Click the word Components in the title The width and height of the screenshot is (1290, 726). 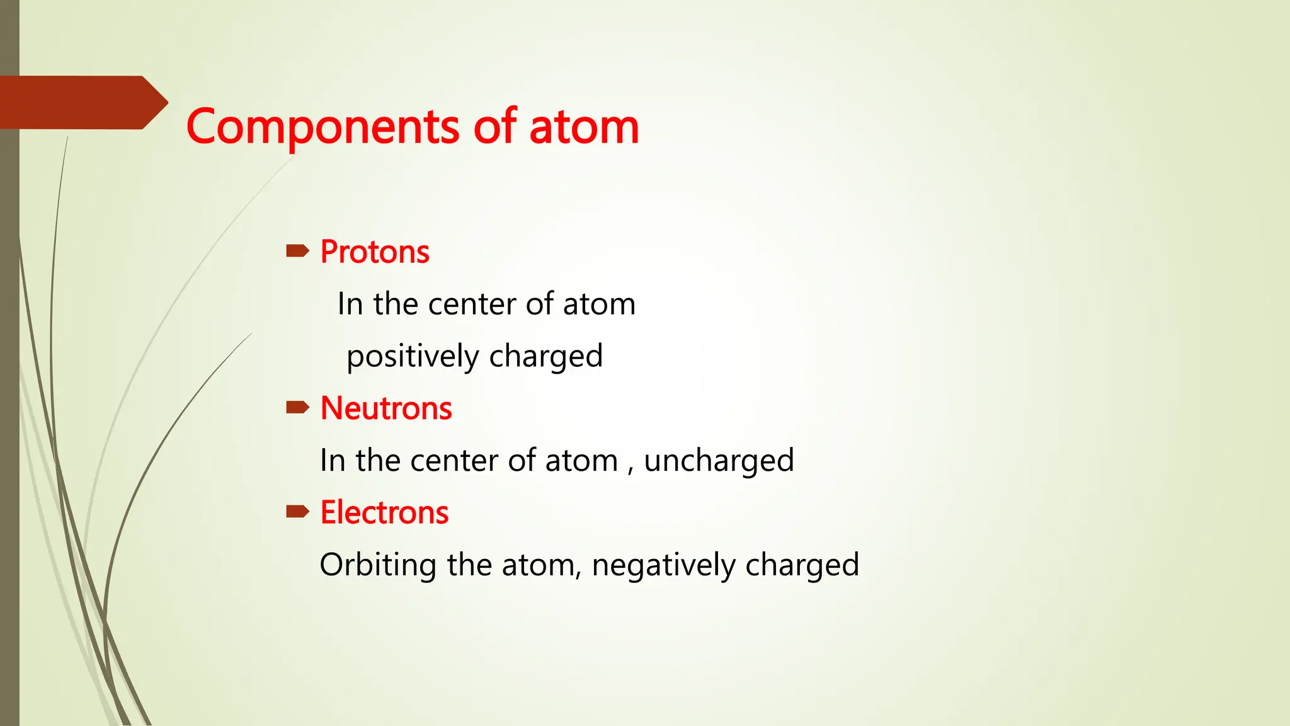coord(322,127)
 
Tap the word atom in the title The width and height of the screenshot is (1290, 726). coord(584,127)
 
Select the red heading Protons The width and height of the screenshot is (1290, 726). coord(375,252)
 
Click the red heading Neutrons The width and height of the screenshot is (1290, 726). coord(386,408)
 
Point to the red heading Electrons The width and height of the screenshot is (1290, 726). coord(384,512)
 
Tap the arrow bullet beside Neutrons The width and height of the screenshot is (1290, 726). coord(297,408)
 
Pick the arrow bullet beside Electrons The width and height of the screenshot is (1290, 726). coord(297,512)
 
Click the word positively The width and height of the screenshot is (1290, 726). coord(413,357)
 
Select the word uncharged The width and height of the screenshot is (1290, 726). coord(719,461)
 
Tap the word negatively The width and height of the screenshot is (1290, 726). coord(663,565)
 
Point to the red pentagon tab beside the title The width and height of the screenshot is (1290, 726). coord(82,103)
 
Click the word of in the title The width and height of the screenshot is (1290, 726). coord(495,127)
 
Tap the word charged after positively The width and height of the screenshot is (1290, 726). coord(546,357)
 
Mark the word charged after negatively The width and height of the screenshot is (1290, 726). coord(802,565)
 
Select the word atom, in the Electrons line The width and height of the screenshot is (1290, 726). coord(542,565)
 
